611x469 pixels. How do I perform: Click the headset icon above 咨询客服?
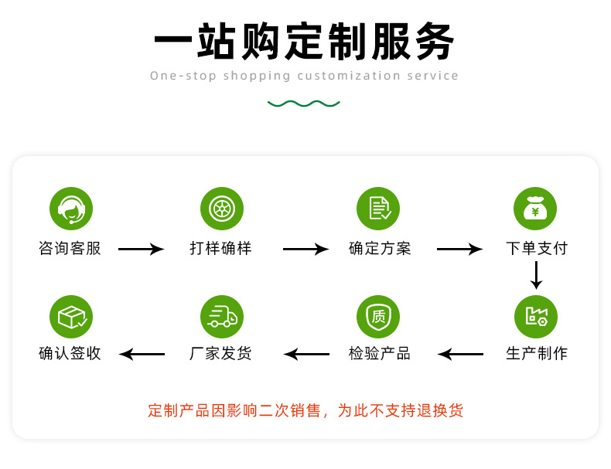pos(71,208)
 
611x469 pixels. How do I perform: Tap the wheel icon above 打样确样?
pos(222,208)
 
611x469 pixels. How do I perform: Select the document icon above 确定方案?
pos(378,208)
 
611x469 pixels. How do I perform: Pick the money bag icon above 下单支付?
pos(535,208)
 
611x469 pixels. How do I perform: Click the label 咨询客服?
pos(70,249)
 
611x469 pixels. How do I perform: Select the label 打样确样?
pos(221,249)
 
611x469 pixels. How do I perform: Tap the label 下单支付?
pos(536,249)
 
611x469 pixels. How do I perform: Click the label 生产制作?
pos(536,354)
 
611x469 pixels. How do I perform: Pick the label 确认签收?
pos(70,354)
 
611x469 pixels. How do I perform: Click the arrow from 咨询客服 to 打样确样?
pos(141,249)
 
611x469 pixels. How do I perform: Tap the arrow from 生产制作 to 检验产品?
pos(461,355)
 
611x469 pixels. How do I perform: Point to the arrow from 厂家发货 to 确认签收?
pos(142,355)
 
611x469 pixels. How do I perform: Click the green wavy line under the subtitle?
pos(304,103)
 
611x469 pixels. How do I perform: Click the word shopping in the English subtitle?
pos(257,76)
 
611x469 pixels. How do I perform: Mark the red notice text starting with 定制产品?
pos(305,410)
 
